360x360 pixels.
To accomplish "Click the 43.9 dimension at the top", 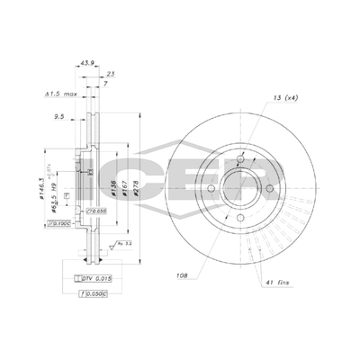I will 87,63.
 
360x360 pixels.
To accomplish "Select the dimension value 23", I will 111,75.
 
